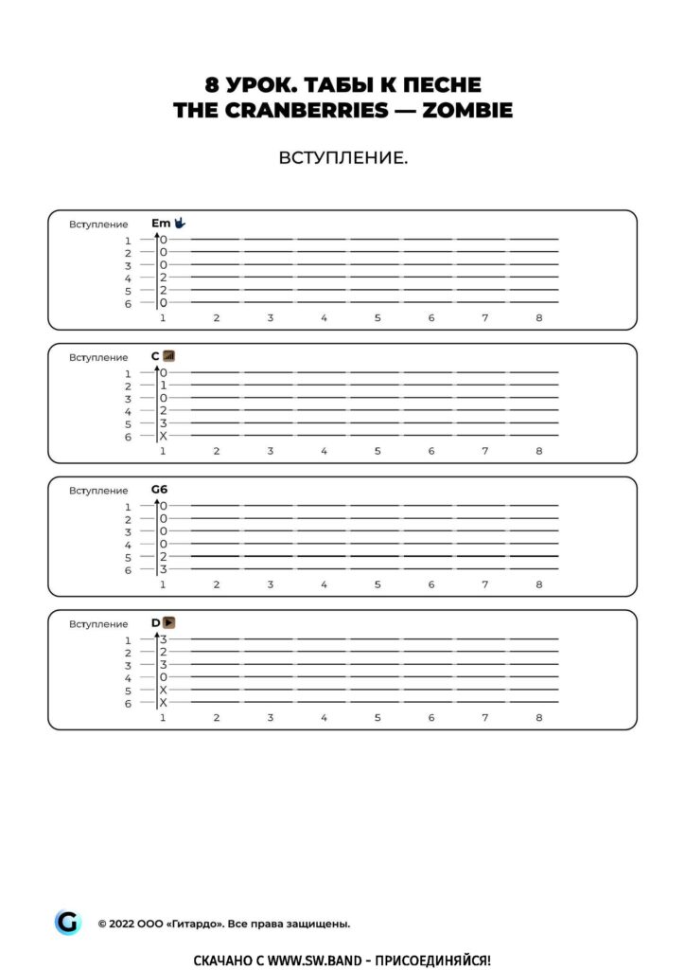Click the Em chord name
[x=160, y=223]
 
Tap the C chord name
[x=155, y=356]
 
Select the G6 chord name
[x=159, y=489]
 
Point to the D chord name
[x=155, y=622]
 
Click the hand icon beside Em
[x=180, y=223]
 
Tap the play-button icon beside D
[x=169, y=622]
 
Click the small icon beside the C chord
[x=169, y=356]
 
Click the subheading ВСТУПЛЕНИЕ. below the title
[x=342, y=157]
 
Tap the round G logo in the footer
[x=68, y=922]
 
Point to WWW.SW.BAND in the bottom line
[x=314, y=960]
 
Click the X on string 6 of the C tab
[x=163, y=437]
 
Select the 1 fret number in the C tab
[x=163, y=386]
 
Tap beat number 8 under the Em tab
[x=538, y=317]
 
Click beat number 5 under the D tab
[x=377, y=718]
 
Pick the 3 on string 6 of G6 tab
[x=163, y=569]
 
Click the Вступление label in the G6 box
[x=98, y=491]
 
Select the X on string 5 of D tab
[x=163, y=691]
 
